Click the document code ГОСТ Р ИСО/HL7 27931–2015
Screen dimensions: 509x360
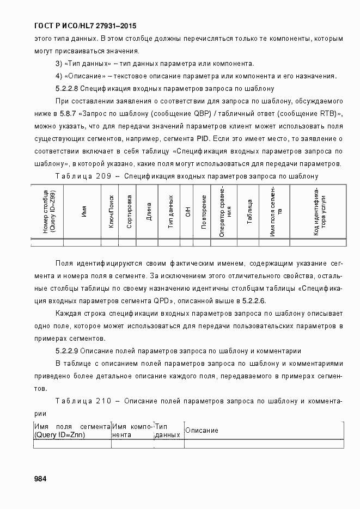pyautogui.click(x=81, y=26)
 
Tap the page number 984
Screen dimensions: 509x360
pyautogui.click(x=40, y=479)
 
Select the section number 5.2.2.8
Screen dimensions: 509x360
pyautogui.click(x=68, y=88)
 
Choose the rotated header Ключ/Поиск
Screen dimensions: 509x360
pyautogui.click(x=111, y=211)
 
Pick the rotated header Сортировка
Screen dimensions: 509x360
pyautogui.click(x=129, y=211)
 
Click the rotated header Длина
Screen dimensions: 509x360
pyautogui.click(x=148, y=211)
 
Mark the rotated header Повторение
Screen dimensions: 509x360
pyautogui.click(x=204, y=211)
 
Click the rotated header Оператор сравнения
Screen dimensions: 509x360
pyautogui.click(x=225, y=211)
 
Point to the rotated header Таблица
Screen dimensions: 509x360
pyautogui.click(x=249, y=211)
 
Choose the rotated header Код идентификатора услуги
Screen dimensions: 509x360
pyautogui.click(x=319, y=211)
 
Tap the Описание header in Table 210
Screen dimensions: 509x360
pyautogui.click(x=202, y=431)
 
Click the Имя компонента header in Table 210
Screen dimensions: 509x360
pyautogui.click(x=133, y=431)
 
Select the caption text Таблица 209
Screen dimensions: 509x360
pyautogui.click(x=83, y=176)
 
